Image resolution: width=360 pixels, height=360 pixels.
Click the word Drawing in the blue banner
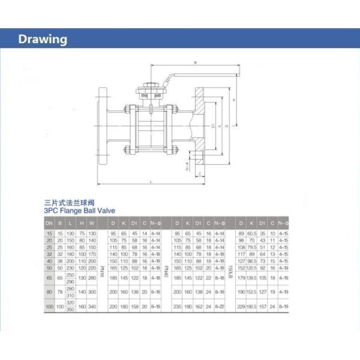tap(43, 40)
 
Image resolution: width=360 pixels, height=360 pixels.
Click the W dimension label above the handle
tap(196, 62)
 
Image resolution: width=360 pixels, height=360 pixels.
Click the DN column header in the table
tap(49, 223)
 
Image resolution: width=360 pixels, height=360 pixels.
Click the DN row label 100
tap(49, 307)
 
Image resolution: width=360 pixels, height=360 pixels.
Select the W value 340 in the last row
tap(92, 307)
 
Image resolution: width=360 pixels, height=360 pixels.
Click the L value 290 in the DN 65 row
tap(71, 281)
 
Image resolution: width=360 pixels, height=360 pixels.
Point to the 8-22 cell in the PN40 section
tap(220, 307)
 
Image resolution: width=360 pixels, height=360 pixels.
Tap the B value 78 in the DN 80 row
tap(60, 292)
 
